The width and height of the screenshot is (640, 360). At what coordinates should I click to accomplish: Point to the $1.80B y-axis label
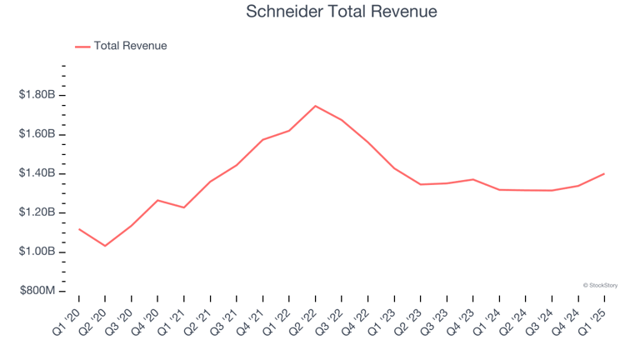[37, 95]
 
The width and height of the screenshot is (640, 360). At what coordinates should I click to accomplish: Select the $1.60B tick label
[37, 134]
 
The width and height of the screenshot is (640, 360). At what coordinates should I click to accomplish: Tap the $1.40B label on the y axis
[37, 173]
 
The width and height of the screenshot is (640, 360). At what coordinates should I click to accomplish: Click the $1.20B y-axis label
[37, 212]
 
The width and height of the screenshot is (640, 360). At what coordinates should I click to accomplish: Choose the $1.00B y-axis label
[37, 252]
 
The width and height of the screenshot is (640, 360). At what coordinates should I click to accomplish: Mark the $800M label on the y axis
[38, 291]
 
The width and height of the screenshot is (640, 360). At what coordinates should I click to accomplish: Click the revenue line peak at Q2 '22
[315, 106]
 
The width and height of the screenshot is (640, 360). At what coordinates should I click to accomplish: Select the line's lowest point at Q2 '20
[105, 246]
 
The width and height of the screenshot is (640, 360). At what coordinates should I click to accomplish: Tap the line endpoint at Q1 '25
[603, 173]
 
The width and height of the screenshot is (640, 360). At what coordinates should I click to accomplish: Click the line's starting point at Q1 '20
[79, 228]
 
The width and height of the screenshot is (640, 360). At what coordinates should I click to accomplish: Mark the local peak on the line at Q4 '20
[157, 200]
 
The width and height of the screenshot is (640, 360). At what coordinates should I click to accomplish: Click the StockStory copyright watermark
[600, 285]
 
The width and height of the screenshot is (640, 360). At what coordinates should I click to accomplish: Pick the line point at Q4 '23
[472, 179]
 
